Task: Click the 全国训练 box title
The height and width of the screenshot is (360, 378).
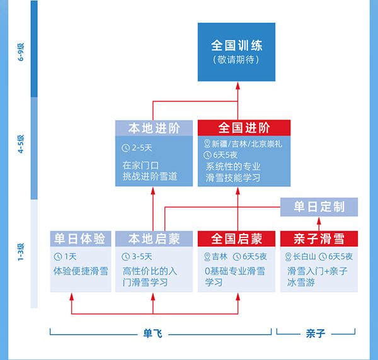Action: click(236, 46)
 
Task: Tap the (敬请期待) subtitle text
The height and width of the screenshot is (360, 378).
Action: click(236, 60)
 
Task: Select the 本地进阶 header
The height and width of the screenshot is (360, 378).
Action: click(154, 128)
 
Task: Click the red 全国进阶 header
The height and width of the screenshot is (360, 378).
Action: click(244, 128)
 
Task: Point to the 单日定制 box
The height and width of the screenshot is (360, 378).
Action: click(319, 206)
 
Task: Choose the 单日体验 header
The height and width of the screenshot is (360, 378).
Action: click(81, 239)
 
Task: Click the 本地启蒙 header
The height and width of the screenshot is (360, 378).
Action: click(154, 239)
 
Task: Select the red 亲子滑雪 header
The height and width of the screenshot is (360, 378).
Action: click(319, 239)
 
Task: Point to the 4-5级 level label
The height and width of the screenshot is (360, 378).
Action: click(21, 145)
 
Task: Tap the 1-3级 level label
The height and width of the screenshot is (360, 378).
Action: click(21, 251)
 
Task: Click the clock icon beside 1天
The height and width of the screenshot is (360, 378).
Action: click(57, 256)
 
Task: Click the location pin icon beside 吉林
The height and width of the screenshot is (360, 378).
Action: click(208, 256)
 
